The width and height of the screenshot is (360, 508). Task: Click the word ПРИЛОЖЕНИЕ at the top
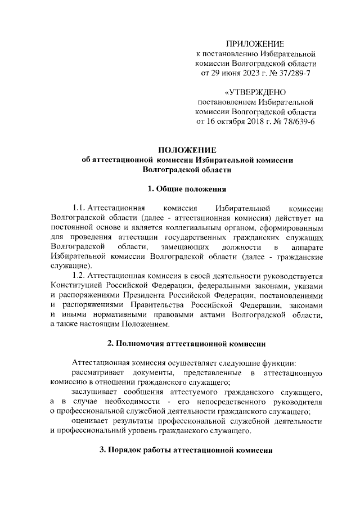click(255, 44)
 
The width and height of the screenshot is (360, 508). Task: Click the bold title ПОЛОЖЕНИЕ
click(187, 150)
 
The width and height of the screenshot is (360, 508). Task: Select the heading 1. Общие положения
click(187, 188)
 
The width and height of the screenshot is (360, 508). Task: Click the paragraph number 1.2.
click(82, 275)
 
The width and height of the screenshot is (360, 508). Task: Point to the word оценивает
click(91, 421)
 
